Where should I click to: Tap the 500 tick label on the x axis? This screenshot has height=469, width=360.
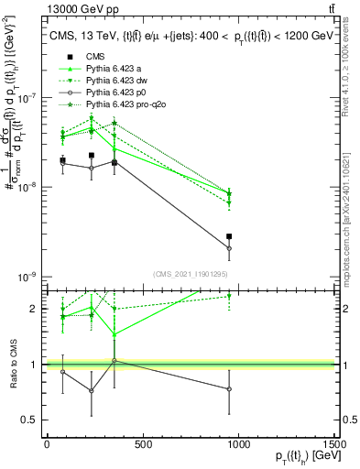[x=142, y=444]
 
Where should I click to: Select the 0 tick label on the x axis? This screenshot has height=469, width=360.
[x=47, y=444]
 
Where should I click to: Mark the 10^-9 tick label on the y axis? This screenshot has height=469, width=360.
[x=27, y=277]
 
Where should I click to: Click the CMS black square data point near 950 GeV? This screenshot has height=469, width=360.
[x=229, y=236]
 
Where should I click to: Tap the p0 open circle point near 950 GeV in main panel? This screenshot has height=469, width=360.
[x=229, y=248]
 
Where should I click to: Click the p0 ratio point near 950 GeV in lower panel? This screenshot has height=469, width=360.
[x=229, y=388]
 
